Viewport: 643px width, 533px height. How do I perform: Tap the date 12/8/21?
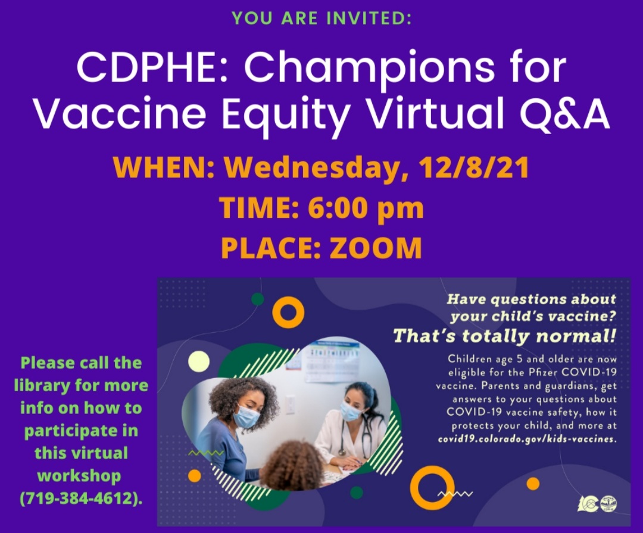[x=473, y=167]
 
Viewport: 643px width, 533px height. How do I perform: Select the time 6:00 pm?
[x=366, y=208]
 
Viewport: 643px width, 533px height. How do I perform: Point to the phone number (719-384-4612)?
[x=81, y=498]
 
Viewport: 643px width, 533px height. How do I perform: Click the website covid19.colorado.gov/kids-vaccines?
[x=527, y=439]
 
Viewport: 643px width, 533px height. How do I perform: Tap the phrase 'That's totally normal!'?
[x=504, y=336]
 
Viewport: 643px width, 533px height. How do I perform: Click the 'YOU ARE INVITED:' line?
[x=321, y=18]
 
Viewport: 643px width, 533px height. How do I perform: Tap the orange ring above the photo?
[x=288, y=312]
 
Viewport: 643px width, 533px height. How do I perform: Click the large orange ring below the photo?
[x=432, y=488]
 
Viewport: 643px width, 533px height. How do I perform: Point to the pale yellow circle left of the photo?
[x=199, y=361]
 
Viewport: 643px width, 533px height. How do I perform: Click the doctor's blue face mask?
[x=351, y=411]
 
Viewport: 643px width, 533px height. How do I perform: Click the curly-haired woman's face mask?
[x=246, y=416]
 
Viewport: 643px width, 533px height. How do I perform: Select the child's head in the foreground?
[x=294, y=465]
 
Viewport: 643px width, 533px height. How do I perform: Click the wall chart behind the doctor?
[x=333, y=361]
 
